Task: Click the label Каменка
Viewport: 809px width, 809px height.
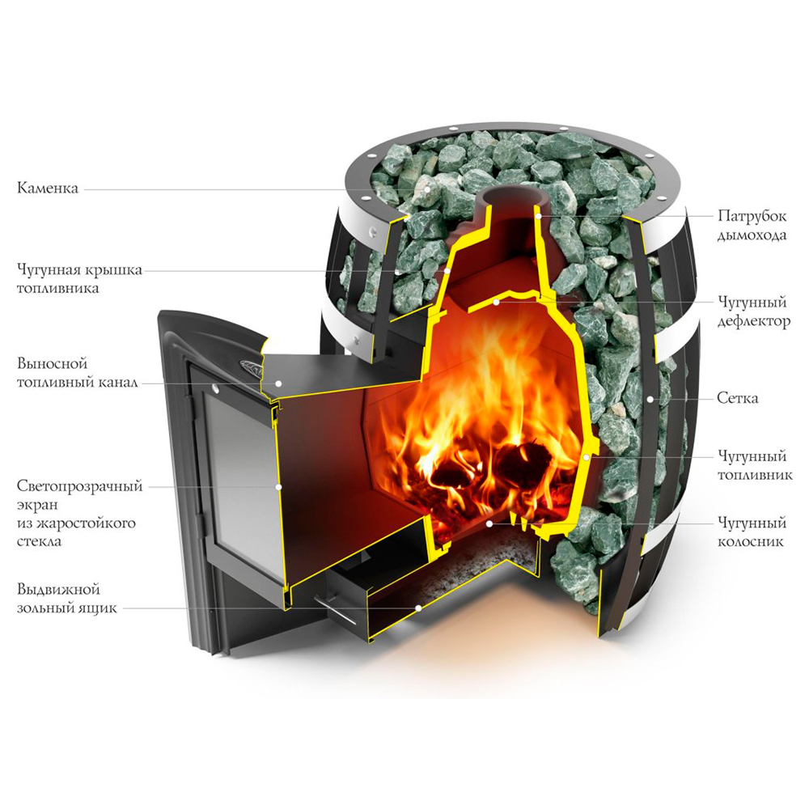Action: pyautogui.click(x=48, y=188)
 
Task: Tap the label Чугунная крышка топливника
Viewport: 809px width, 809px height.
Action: pyautogui.click(x=79, y=279)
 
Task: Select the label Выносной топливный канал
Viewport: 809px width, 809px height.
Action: pyautogui.click(x=78, y=373)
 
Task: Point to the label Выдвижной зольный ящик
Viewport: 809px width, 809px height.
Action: pyautogui.click(x=67, y=599)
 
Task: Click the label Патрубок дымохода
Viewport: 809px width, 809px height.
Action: pyautogui.click(x=752, y=225)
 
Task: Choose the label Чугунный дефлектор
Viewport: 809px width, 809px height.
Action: pyautogui.click(x=754, y=311)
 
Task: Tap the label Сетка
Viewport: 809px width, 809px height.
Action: pyautogui.click(x=738, y=398)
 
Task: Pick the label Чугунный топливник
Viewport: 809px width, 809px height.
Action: pyautogui.click(x=755, y=465)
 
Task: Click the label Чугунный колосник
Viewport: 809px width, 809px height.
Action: pyautogui.click(x=752, y=532)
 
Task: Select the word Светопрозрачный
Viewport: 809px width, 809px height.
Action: pyautogui.click(x=79, y=486)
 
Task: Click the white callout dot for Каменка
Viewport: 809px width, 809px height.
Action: pyautogui.click(x=427, y=189)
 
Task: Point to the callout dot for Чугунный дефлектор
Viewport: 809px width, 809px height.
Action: pyautogui.click(x=496, y=302)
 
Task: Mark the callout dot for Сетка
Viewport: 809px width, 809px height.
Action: pyautogui.click(x=650, y=399)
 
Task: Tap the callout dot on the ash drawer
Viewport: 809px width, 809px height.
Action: pyautogui.click(x=418, y=608)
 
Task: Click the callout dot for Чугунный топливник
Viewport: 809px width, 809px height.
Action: pyautogui.click(x=586, y=457)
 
